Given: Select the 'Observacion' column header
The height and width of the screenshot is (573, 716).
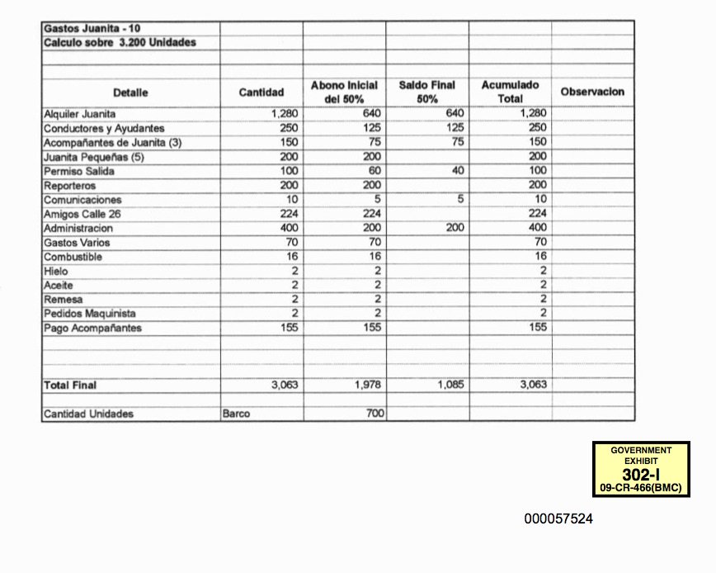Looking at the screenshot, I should click(592, 92).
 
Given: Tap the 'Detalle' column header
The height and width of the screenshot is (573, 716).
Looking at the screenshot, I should click(130, 92).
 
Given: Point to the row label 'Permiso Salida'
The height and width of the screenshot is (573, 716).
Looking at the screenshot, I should click(79, 171).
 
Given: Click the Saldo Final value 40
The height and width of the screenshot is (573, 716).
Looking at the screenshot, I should click(459, 171).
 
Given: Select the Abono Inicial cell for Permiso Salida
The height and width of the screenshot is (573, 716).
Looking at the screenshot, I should click(371, 171).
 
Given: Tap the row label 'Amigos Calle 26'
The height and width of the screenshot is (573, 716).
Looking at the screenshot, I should click(82, 215).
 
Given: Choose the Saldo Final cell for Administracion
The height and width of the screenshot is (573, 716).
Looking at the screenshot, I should click(453, 229).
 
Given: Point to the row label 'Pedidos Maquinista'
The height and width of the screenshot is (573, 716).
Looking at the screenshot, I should click(90, 314).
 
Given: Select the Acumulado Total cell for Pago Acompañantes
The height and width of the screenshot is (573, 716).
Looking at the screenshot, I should click(538, 328).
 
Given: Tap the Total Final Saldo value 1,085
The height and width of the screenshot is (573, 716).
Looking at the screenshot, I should click(450, 385).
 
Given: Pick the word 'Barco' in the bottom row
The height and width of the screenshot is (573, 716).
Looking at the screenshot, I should click(236, 414).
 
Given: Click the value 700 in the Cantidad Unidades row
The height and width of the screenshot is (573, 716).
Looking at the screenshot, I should click(374, 414).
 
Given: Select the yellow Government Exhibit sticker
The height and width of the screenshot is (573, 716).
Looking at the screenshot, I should click(641, 469).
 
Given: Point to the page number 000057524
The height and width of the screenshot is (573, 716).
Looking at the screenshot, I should click(558, 519).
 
